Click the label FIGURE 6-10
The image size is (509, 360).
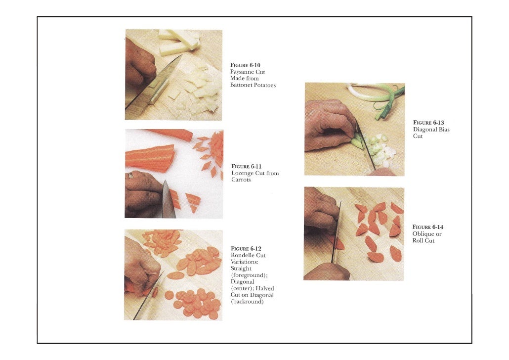[245, 65]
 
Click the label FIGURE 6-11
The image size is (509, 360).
[247, 166]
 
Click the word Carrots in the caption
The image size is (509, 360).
[241, 180]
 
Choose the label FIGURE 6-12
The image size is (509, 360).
[246, 249]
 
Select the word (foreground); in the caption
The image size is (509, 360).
[249, 275]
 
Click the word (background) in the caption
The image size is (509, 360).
[247, 302]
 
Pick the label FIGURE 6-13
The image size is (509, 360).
[428, 123]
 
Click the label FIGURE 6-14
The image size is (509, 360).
[428, 227]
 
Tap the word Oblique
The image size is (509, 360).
[424, 234]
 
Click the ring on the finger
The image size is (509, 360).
[130, 176]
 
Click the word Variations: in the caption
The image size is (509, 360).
[245, 262]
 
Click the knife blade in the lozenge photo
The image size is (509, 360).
[168, 200]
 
